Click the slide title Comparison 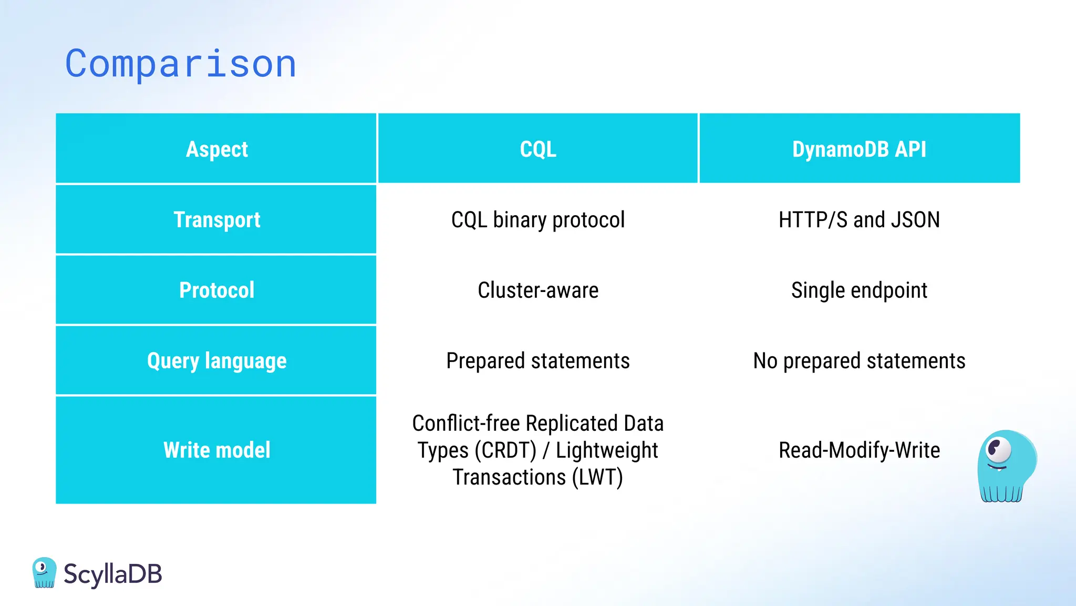pos(181,64)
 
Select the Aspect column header pos(216,149)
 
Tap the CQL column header pos(538,149)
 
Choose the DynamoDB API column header pos(859,149)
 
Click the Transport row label pos(216,220)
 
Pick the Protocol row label pos(216,290)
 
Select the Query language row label pos(216,361)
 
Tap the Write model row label pos(216,450)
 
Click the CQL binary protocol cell pos(538,220)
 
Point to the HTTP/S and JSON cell pos(859,220)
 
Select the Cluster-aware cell pos(538,290)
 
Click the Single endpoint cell pos(859,290)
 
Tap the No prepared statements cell pos(859,361)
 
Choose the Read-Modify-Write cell pos(859,450)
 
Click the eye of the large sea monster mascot pos(998,449)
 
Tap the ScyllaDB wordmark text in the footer pos(112,574)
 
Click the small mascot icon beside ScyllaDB pos(44,572)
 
